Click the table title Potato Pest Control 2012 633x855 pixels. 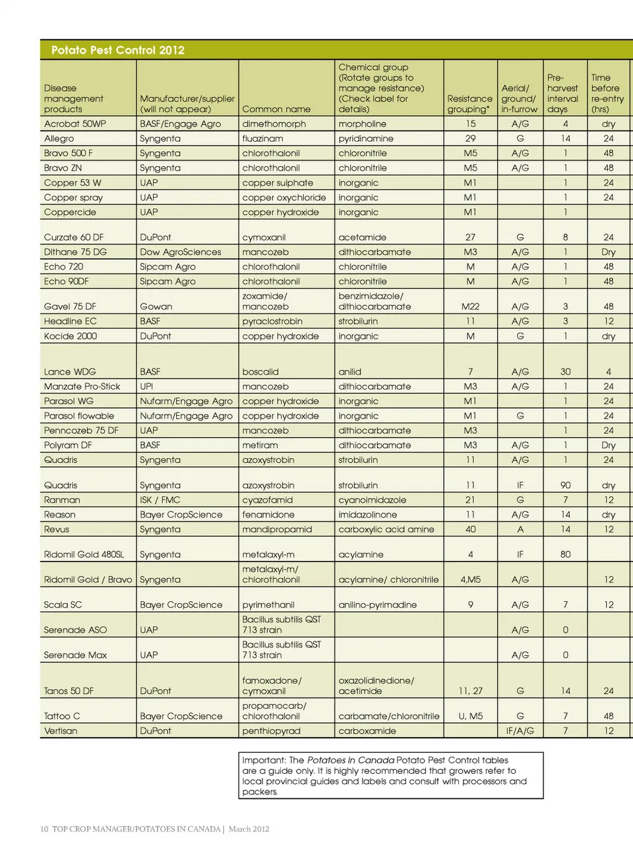pos(117,50)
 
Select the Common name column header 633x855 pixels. pos(276,109)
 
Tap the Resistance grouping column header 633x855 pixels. pos(469,104)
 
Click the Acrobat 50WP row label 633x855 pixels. pos(75,124)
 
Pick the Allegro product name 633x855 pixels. pos(59,138)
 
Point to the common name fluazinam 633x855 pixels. pos(262,138)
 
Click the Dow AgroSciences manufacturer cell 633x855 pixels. pos(180,252)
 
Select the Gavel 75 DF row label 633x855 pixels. pos(70,307)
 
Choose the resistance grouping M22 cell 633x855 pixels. pos(470,307)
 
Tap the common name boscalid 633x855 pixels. pos(260,372)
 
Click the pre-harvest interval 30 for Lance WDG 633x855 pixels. pos(565,372)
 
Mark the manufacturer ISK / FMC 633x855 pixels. pos(160,500)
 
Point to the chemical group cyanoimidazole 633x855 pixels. pos(372,500)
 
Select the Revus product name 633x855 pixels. pos(56,529)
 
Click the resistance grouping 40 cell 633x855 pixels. pos(470,529)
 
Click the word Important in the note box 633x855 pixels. pos(262,760)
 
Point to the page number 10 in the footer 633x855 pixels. pos(44,829)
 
